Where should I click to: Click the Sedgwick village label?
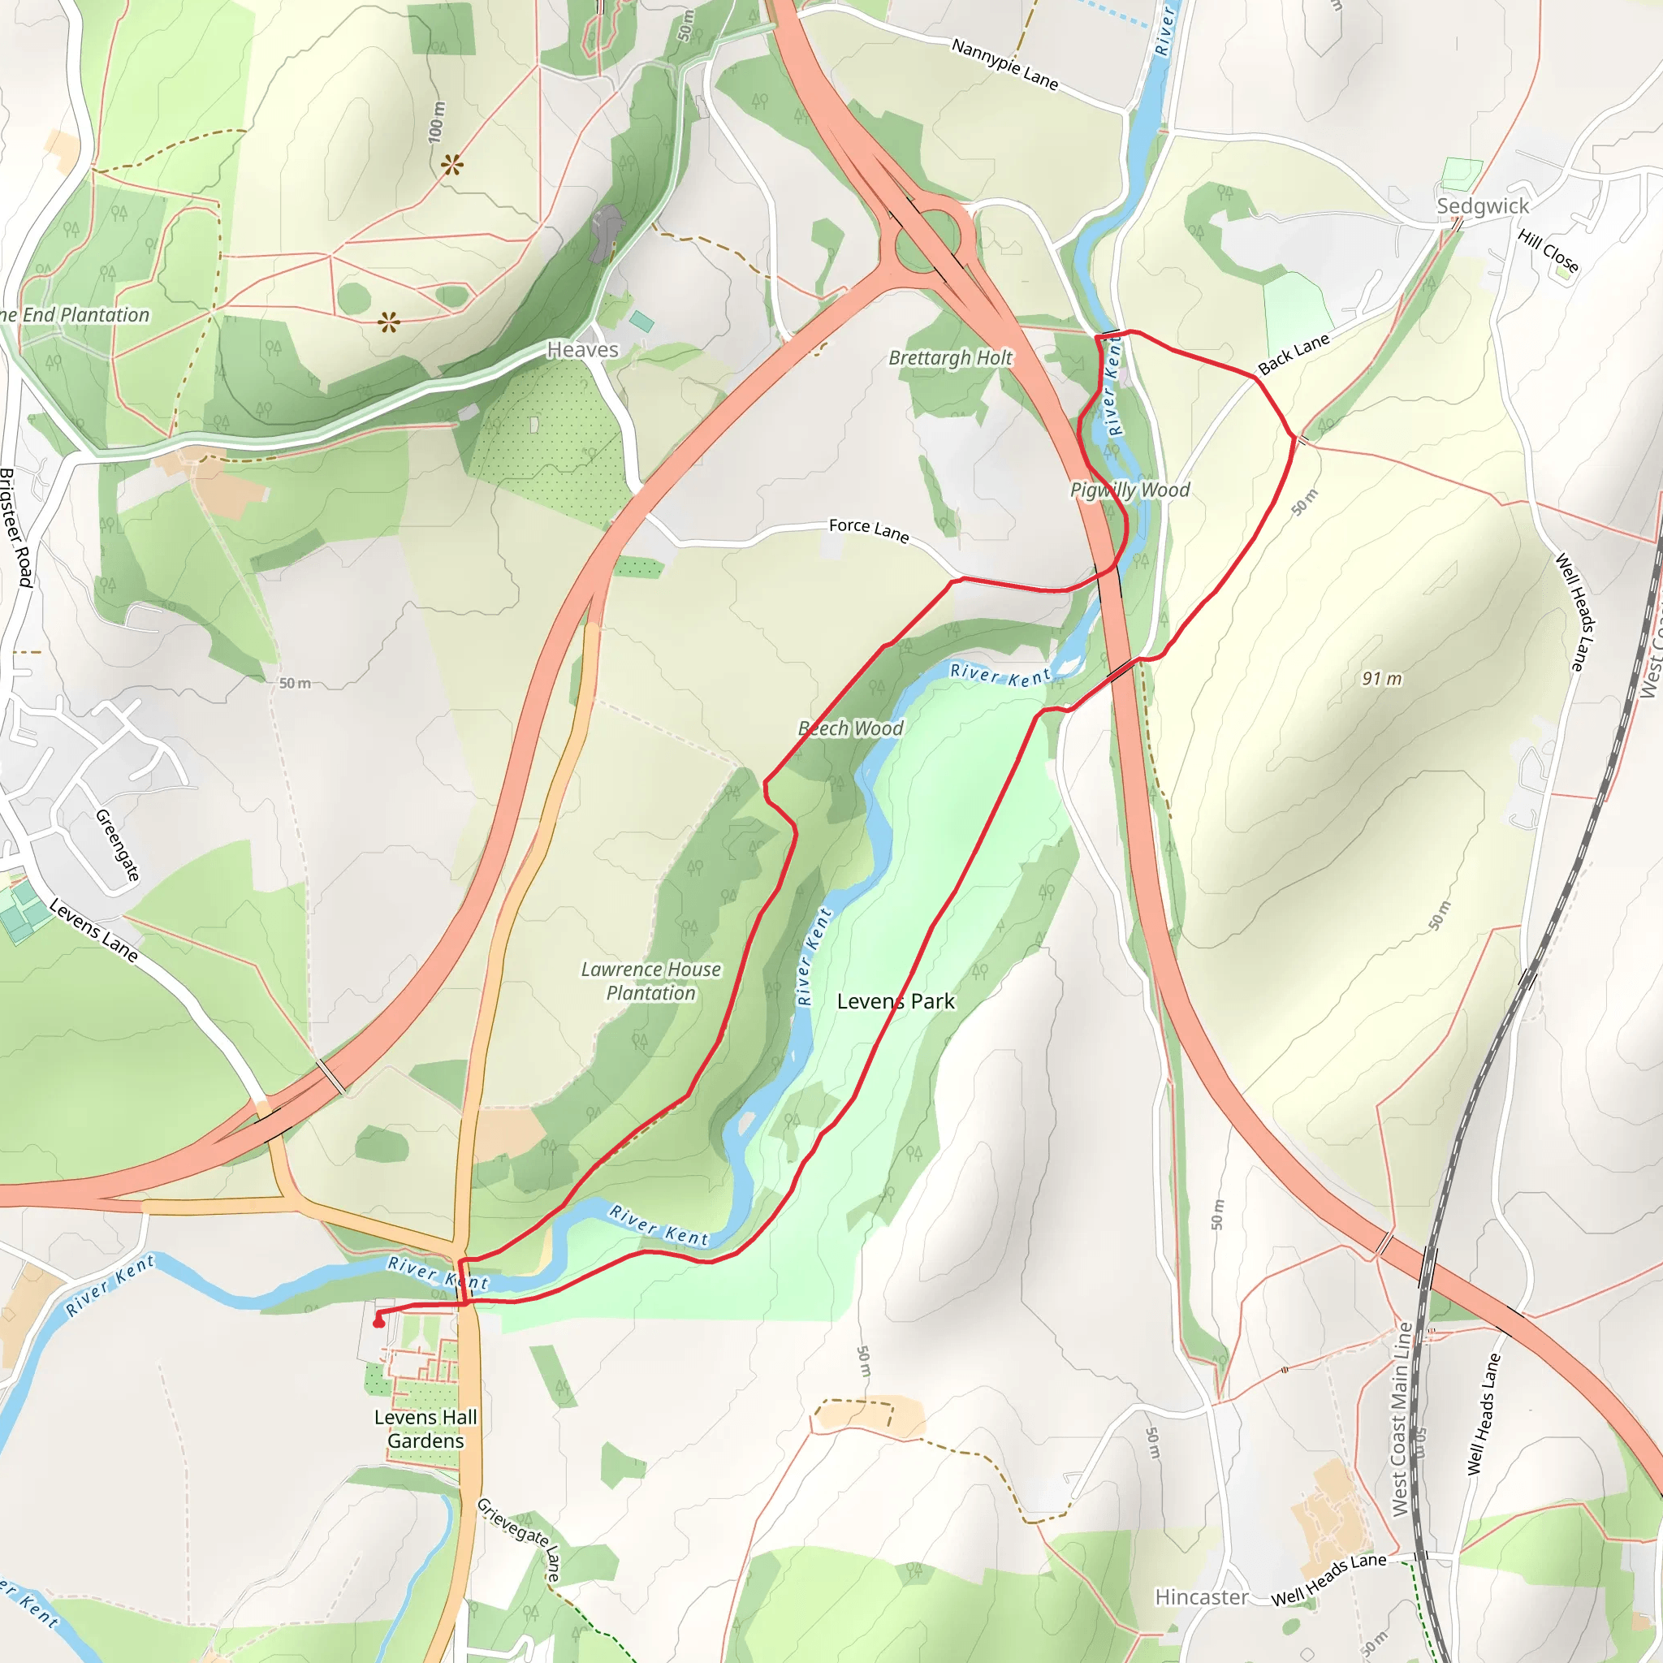click(x=1482, y=205)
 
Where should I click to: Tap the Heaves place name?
click(x=583, y=349)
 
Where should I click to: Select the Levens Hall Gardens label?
click(x=425, y=1429)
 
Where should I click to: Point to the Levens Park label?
click(x=895, y=1001)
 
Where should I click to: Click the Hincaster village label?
click(x=1201, y=1596)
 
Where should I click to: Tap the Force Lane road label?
click(x=869, y=530)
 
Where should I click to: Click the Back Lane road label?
click(x=1294, y=354)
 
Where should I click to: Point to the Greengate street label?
click(x=117, y=845)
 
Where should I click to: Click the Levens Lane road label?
click(x=93, y=930)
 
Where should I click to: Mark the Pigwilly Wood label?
click(x=1130, y=490)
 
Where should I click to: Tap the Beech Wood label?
click(x=850, y=728)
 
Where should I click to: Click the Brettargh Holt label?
click(x=950, y=357)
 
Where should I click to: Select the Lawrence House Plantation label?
click(x=650, y=981)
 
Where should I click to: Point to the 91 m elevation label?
click(x=1381, y=678)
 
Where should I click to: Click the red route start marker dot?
click(x=378, y=1321)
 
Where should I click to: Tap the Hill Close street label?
click(x=1549, y=250)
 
